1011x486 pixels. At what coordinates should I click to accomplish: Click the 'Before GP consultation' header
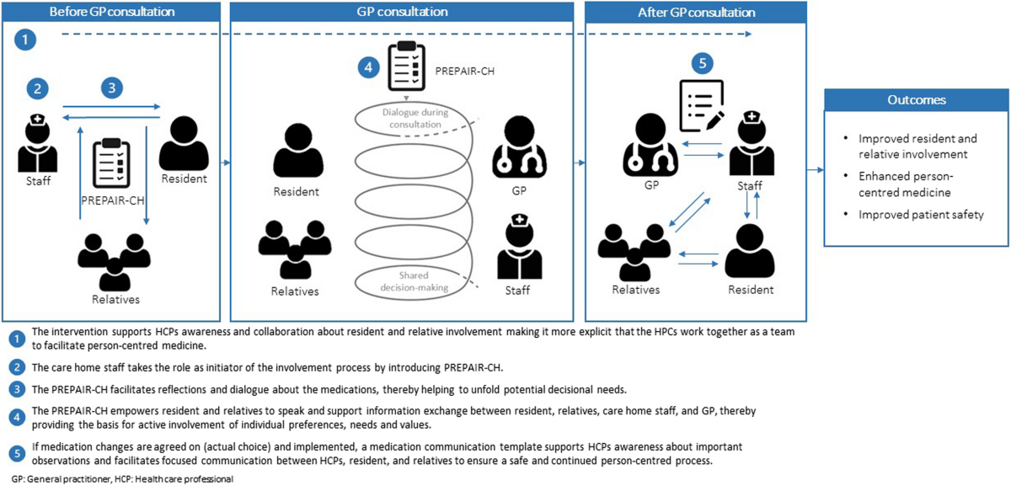112,13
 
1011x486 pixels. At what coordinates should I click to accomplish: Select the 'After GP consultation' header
695,13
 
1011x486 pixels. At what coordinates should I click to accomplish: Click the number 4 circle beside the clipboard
364,69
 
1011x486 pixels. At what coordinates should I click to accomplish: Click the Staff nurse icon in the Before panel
37,144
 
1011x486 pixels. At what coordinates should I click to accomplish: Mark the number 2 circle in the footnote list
17,367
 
